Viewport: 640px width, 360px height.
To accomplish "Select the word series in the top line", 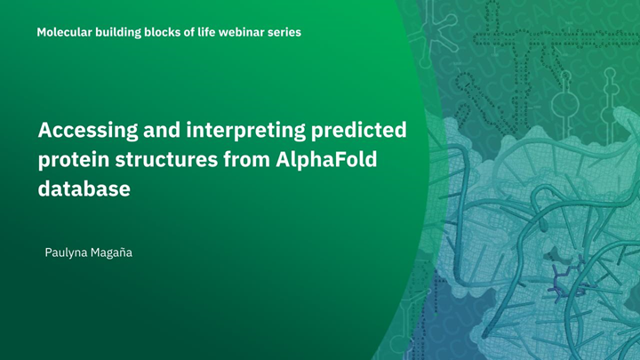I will [284, 32].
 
